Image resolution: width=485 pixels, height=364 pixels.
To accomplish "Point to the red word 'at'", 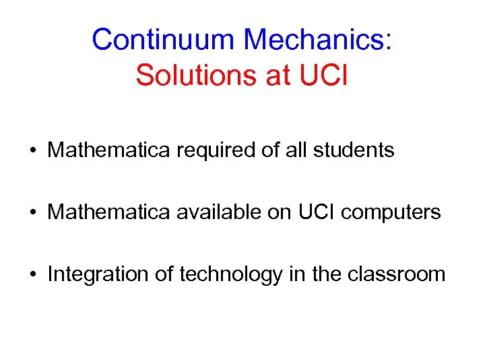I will click(x=276, y=75).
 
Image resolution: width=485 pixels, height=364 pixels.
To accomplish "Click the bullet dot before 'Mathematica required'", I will click(x=32, y=150).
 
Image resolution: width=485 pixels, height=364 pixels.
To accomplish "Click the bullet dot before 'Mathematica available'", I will click(x=32, y=212).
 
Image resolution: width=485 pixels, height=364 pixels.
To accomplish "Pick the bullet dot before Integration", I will click(x=32, y=274).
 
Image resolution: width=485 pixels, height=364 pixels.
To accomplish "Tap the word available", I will click(x=220, y=212).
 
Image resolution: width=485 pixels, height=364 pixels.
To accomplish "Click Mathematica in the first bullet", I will click(x=110, y=150).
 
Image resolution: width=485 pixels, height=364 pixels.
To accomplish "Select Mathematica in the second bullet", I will click(x=110, y=212).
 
